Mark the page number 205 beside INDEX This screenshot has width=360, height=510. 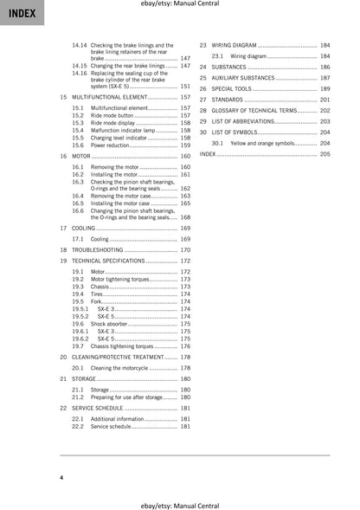(x=324, y=153)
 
